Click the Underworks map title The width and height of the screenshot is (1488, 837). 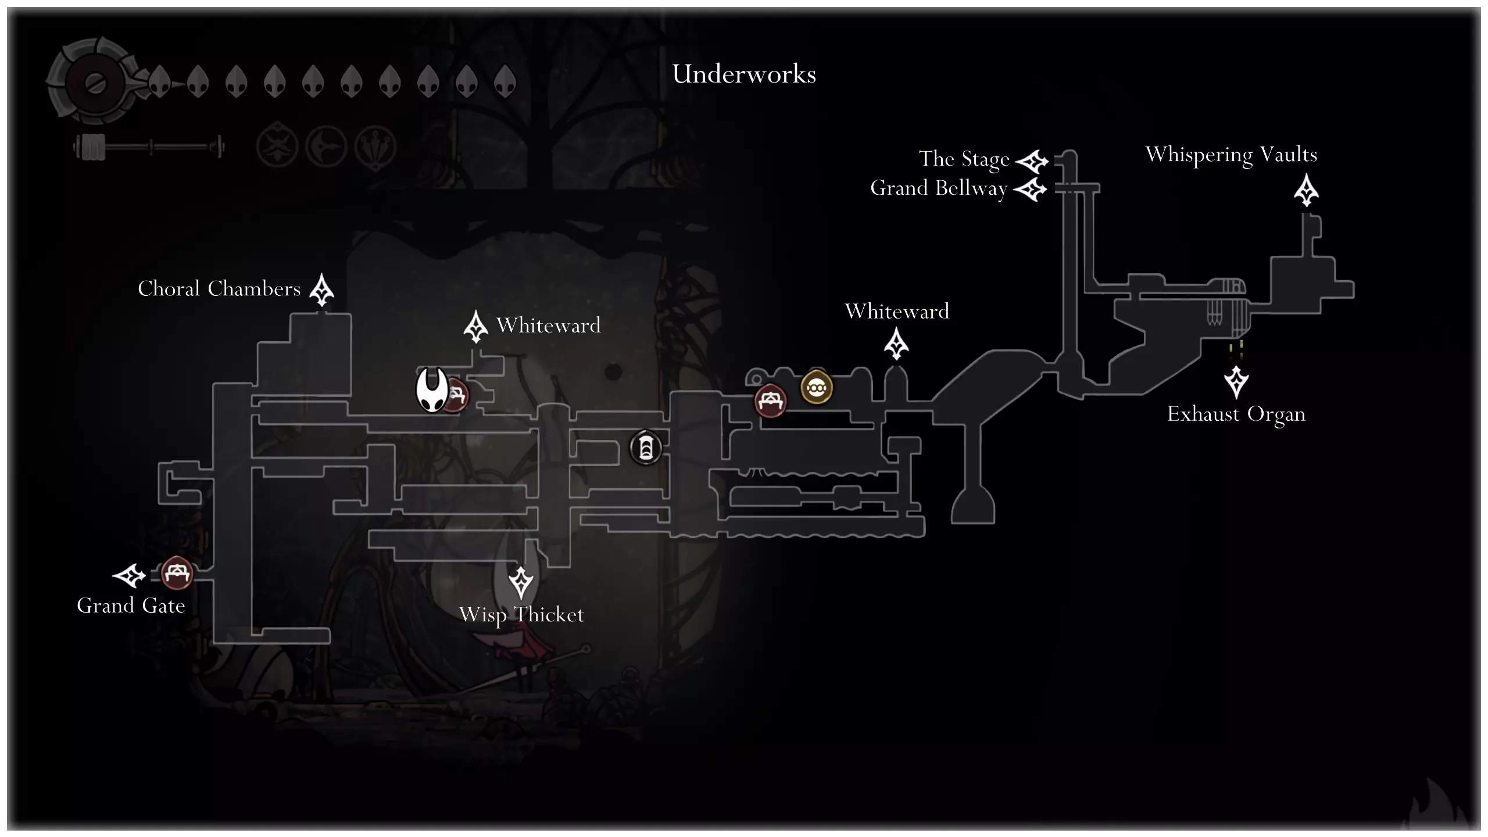[x=744, y=74]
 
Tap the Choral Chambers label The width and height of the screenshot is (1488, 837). [x=219, y=289]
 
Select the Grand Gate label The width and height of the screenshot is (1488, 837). [x=131, y=606]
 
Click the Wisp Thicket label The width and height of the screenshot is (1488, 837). [x=521, y=614]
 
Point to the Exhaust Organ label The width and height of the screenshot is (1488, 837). [x=1236, y=414]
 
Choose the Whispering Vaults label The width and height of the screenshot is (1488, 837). [x=1231, y=155]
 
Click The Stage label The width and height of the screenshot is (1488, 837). [x=964, y=159]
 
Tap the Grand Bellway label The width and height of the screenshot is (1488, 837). [x=938, y=188]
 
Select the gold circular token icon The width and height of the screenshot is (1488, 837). [x=817, y=388]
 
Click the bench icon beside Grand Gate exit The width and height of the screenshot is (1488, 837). [x=176, y=573]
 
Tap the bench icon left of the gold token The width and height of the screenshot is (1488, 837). [x=771, y=400]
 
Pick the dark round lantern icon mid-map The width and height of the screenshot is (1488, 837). [x=646, y=448]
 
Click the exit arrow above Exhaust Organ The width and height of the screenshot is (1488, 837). [x=1236, y=381]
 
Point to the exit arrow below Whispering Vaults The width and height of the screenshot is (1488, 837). [x=1306, y=190]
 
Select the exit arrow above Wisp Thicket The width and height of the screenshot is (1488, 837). [x=521, y=582]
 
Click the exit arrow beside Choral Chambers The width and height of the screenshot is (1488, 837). [x=321, y=289]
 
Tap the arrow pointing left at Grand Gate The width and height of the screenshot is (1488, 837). [x=129, y=575]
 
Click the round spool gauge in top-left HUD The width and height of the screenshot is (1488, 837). [x=93, y=83]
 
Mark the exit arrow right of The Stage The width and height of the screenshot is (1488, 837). [x=1032, y=162]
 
